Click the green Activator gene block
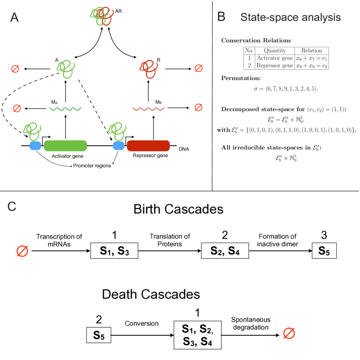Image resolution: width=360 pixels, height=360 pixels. [66, 146]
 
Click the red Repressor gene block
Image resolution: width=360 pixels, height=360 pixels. [149, 146]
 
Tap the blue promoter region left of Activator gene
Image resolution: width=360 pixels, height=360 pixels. [35, 146]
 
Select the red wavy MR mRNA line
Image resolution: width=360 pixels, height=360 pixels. [149, 109]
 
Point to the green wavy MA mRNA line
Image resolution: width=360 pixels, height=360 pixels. [66, 109]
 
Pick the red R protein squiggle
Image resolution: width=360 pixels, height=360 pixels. [149, 69]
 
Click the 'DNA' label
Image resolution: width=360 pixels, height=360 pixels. [184, 149]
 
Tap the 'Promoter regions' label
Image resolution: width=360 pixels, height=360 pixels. [92, 166]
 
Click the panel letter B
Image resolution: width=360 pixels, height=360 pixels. [221, 17]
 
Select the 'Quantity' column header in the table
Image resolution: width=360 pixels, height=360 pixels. [275, 51]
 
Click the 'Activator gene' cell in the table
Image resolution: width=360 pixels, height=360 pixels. [275, 58]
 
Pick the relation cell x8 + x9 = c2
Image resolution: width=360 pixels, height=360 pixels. [311, 66]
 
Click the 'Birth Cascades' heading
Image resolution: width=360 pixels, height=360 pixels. [178, 209]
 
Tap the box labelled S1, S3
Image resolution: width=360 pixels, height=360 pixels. [114, 251]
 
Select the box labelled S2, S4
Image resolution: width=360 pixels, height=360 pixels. [225, 251]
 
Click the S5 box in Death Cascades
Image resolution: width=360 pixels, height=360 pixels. [99, 335]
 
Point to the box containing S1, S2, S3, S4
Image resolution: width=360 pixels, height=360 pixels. [198, 335]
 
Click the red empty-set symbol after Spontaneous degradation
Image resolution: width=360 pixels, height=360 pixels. [289, 333]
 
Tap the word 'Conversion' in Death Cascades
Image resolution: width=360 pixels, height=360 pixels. [142, 323]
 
